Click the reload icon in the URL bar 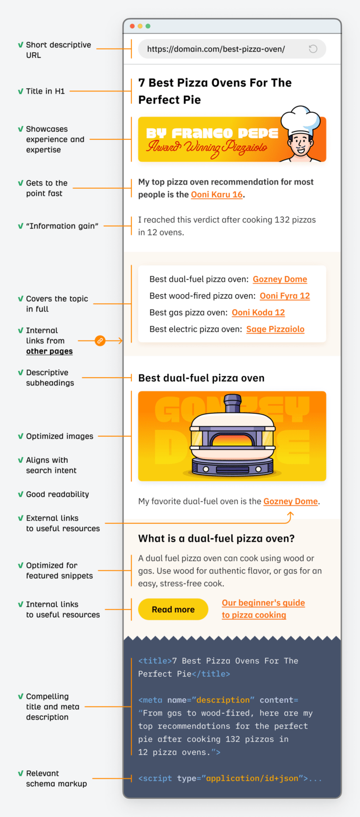click(x=313, y=49)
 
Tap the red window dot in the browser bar click(x=132, y=26)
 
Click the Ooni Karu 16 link click(x=217, y=195)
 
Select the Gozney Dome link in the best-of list click(x=280, y=279)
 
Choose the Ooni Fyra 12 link click(x=284, y=296)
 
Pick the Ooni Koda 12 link click(x=258, y=312)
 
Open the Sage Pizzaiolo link click(x=275, y=329)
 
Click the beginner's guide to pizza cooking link click(x=263, y=609)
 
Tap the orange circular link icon click(x=100, y=340)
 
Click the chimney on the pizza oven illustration click(x=232, y=404)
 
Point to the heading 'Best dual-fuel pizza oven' click(x=201, y=378)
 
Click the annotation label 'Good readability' click(x=57, y=494)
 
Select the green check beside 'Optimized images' click(x=20, y=436)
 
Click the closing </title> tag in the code click(x=211, y=674)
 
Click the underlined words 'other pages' click(x=49, y=351)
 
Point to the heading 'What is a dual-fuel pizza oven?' click(x=216, y=539)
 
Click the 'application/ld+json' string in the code click(x=252, y=778)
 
